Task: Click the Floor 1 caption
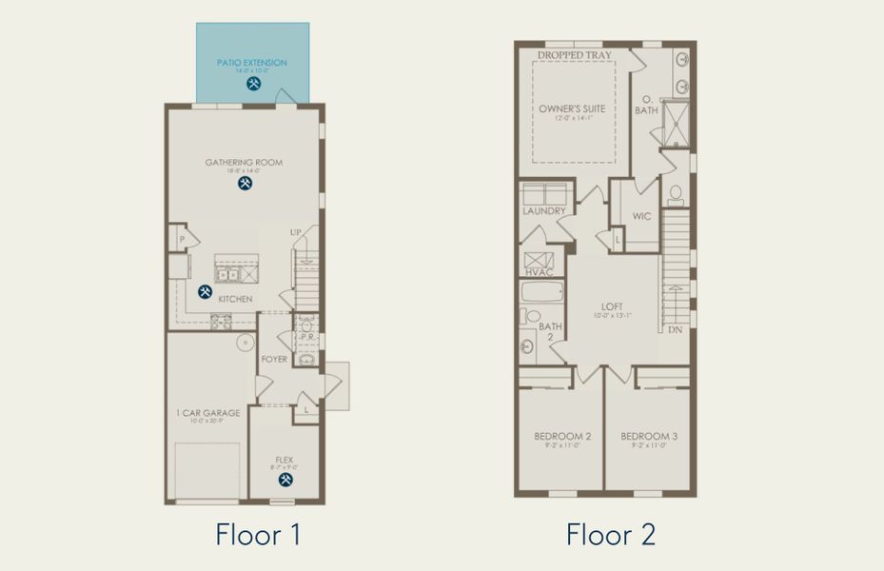[258, 534]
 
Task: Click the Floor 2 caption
[610, 534]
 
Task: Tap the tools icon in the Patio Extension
[253, 83]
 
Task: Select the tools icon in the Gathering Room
[245, 183]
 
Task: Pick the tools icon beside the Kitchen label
[205, 292]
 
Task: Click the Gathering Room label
[244, 163]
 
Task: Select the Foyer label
[274, 359]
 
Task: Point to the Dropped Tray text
[574, 56]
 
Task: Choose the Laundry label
[544, 210]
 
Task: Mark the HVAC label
[539, 272]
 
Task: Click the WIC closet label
[641, 216]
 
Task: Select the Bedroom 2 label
[562, 436]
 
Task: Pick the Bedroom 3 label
[649, 436]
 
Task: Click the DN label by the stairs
[675, 329]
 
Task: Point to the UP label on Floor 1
[296, 232]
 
